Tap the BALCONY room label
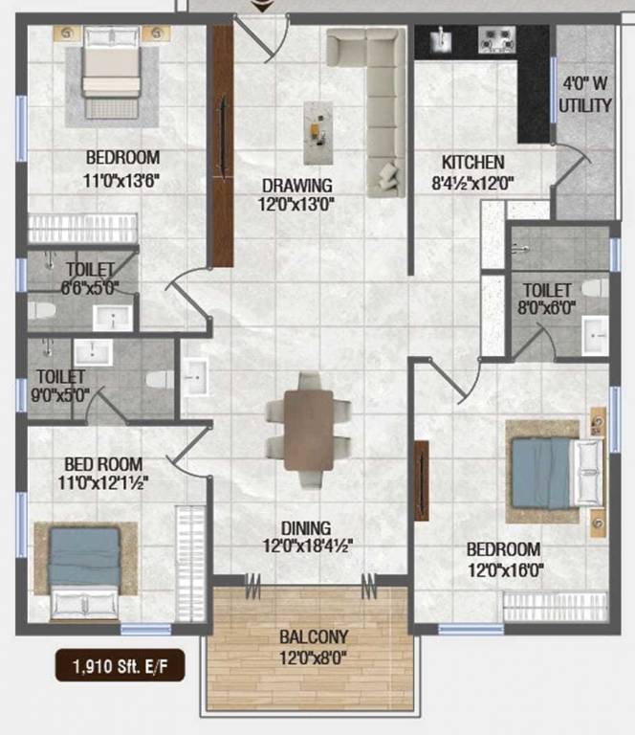[x=314, y=636]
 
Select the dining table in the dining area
[x=308, y=430]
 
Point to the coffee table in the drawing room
[x=319, y=130]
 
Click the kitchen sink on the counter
[x=441, y=39]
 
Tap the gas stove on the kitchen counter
[x=496, y=40]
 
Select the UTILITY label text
[x=584, y=105]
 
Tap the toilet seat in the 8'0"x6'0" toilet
[x=593, y=288]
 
